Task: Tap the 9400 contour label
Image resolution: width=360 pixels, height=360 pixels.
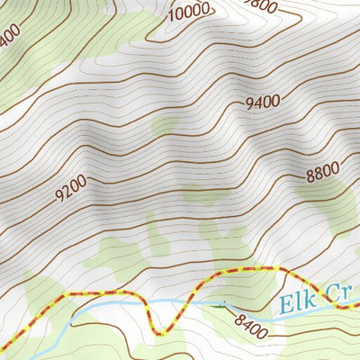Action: click(x=263, y=103)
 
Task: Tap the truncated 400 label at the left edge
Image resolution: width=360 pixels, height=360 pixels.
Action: click(x=9, y=37)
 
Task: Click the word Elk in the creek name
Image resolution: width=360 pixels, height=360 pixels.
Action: click(x=297, y=302)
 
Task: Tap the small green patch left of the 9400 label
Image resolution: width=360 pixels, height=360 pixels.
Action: click(x=164, y=127)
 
